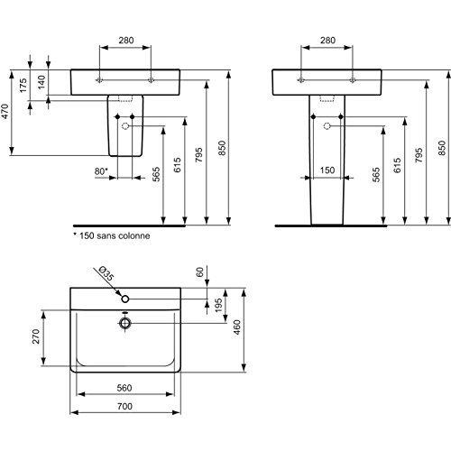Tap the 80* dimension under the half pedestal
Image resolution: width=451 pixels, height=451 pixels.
pos(101,170)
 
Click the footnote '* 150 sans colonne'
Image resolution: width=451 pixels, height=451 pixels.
pos(111,235)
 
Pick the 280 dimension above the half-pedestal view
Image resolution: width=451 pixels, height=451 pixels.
pos(127,40)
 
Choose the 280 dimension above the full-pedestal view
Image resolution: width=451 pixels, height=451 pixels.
pos(327,40)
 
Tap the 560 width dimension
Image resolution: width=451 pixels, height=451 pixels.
pos(126,388)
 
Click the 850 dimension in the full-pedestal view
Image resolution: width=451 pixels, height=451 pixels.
pos(441,149)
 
